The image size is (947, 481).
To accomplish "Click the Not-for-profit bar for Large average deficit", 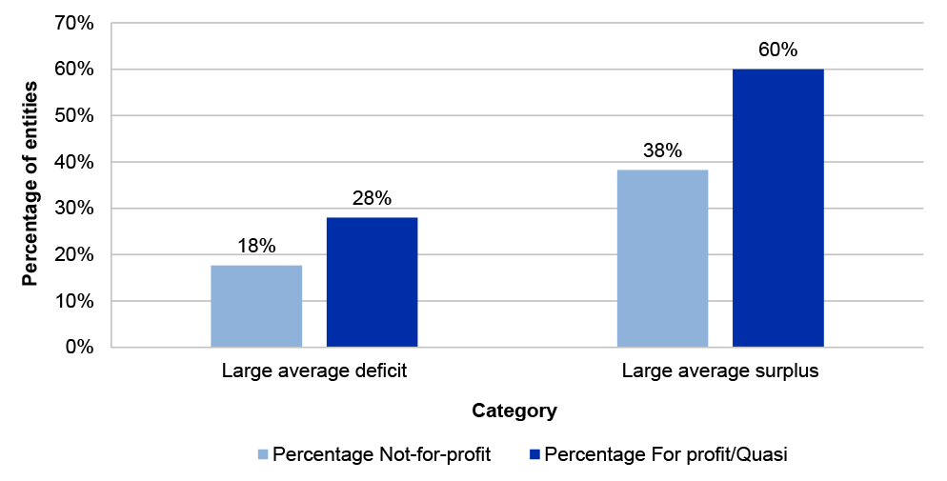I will point(256,306).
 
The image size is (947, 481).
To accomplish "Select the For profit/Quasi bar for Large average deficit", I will point(372,282).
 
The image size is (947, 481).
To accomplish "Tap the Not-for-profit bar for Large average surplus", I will point(662,258).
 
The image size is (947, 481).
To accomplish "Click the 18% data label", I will point(256,247).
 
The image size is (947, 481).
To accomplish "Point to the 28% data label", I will point(372,199).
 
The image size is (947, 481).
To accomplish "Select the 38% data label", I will point(662,150).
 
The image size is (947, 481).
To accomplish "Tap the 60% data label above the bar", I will point(777,50).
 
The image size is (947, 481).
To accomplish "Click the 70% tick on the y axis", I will point(74,24).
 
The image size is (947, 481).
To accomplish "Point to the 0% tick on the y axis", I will point(79,348).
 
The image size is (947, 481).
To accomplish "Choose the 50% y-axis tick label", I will point(74,116).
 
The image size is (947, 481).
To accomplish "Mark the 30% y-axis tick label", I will point(74,209).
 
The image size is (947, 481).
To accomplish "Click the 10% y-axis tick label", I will point(74,301).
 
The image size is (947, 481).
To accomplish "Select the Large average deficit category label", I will point(314,371).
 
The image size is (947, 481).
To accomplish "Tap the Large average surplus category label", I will point(720,371).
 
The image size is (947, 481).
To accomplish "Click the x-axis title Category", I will point(514,411).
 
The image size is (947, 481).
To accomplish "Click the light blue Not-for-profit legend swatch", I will point(264,454).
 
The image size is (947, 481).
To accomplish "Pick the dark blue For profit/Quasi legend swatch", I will point(535,454).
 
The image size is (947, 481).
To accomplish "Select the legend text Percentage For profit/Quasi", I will point(666,454).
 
